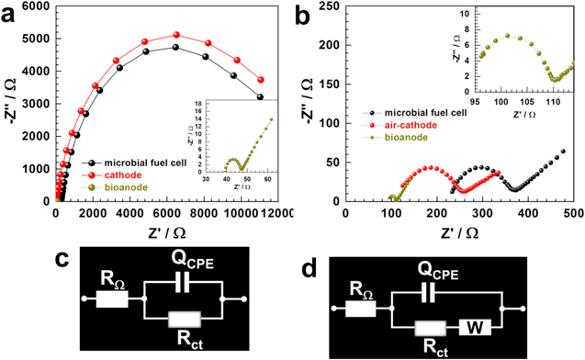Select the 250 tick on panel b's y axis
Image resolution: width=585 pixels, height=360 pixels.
325,6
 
